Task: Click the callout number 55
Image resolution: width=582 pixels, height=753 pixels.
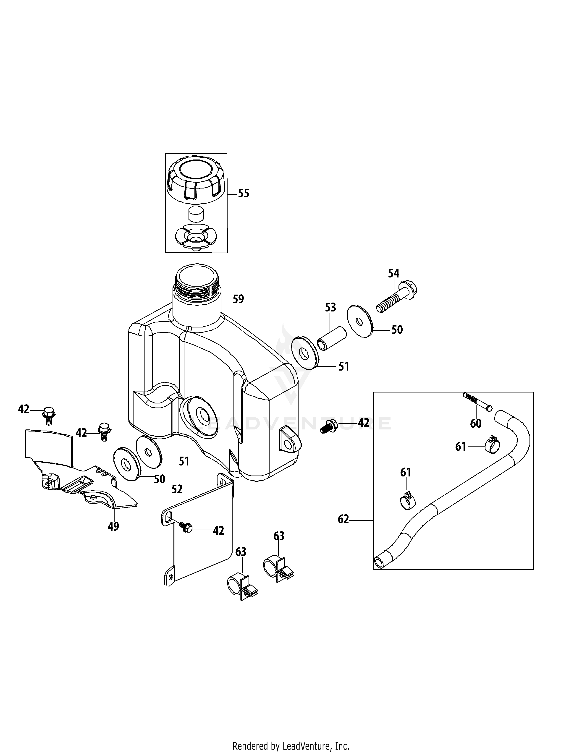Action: (x=244, y=193)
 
